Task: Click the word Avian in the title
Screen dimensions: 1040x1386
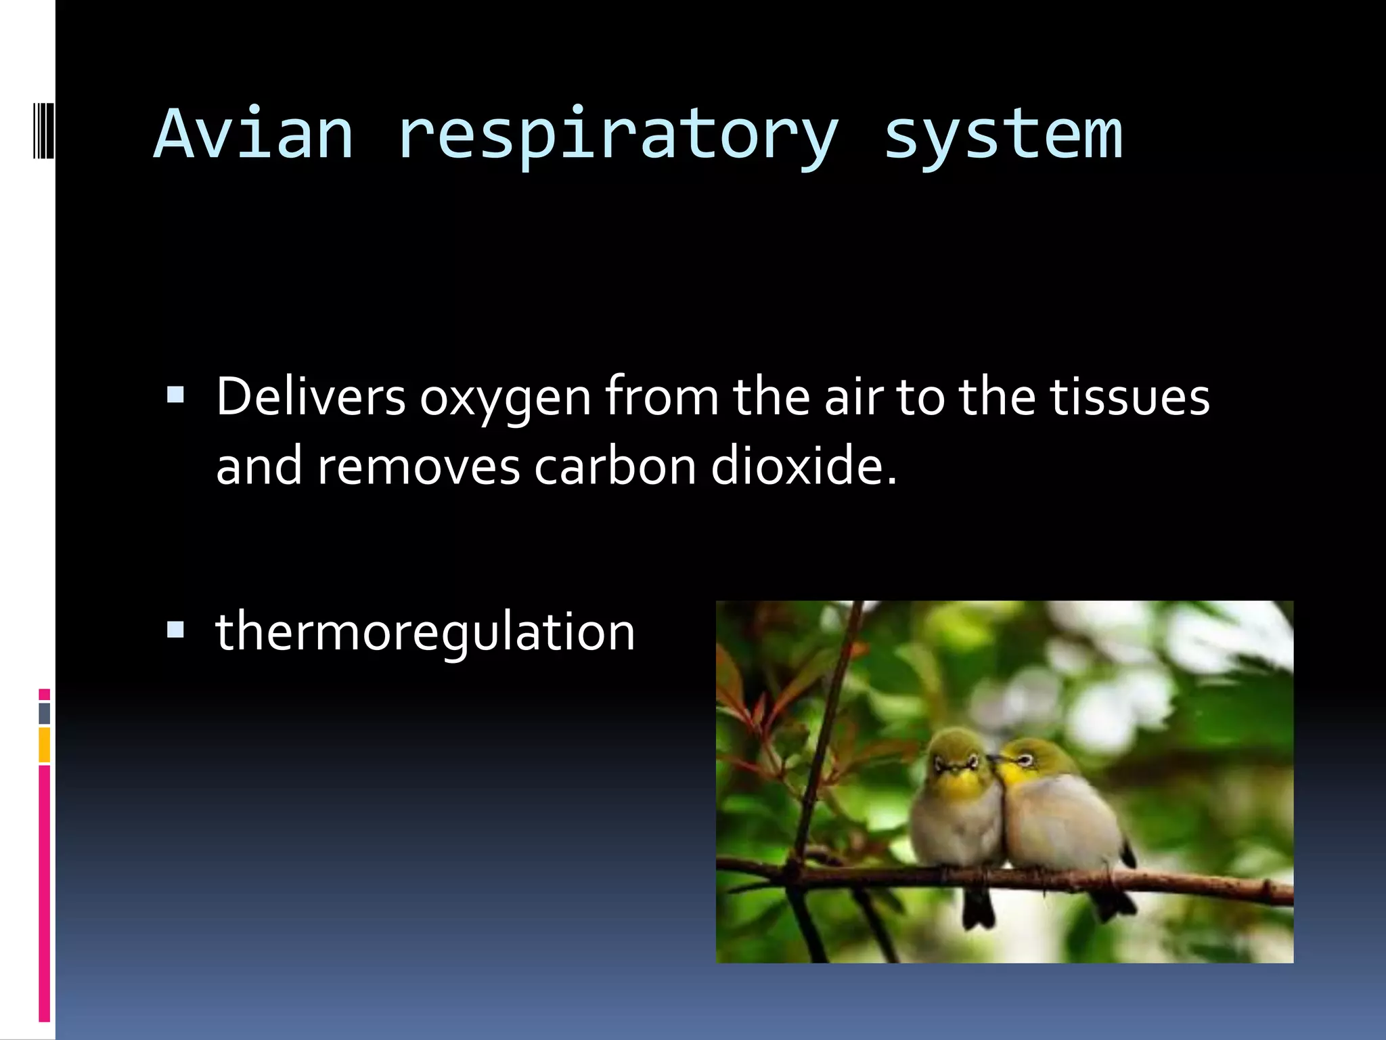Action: (x=254, y=135)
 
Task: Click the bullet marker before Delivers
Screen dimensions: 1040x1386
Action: (x=175, y=395)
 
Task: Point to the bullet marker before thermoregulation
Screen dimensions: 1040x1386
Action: (x=175, y=630)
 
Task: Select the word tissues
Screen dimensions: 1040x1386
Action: (x=1129, y=397)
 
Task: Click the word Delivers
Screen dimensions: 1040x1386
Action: (x=311, y=397)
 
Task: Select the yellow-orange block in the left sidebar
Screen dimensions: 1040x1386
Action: (x=44, y=745)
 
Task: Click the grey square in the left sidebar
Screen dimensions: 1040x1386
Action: (x=44, y=713)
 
